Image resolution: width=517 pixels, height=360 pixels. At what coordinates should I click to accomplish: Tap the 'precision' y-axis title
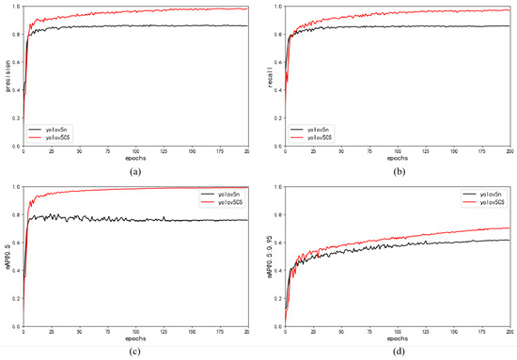click(x=8, y=75)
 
